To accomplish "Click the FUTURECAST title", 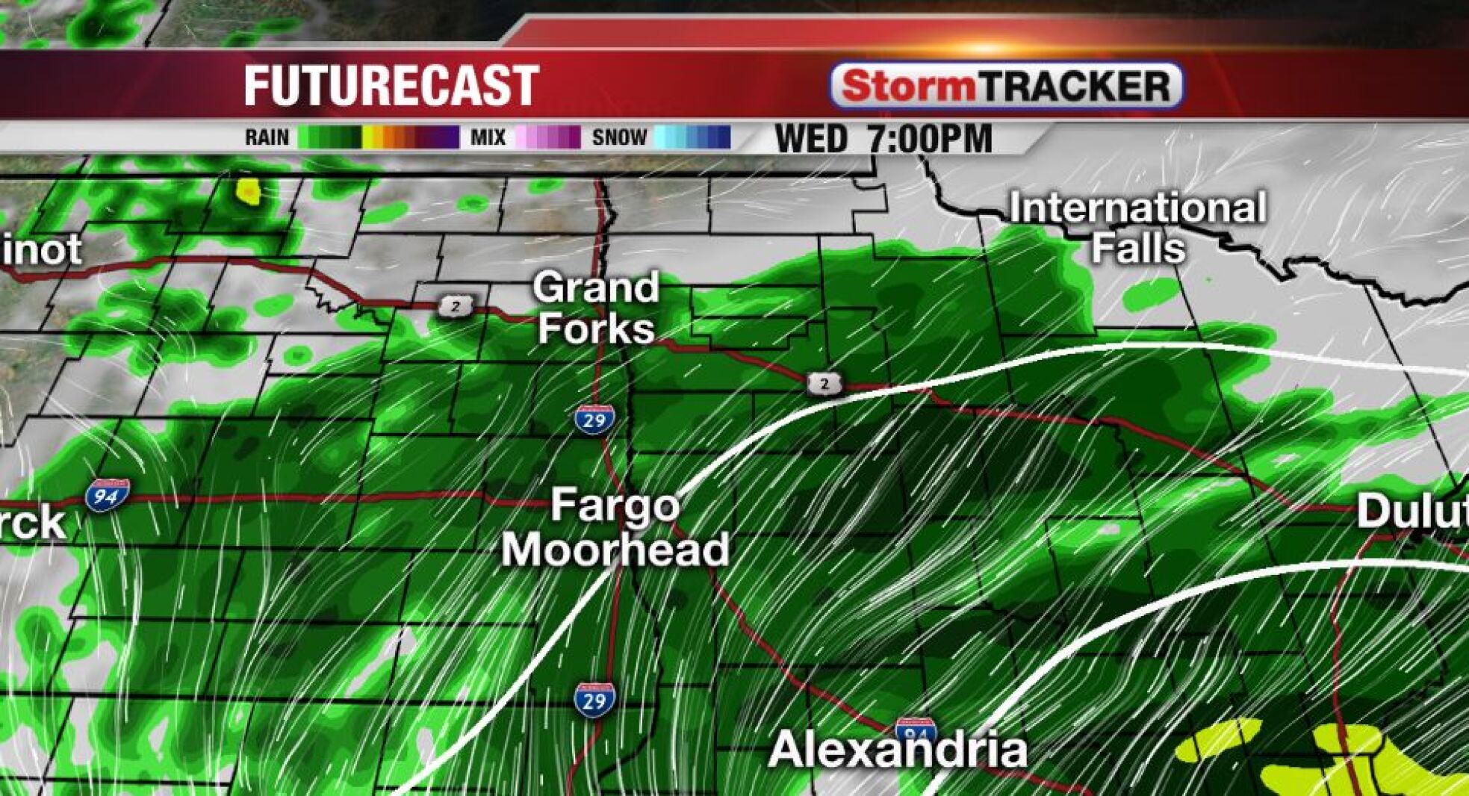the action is pyautogui.click(x=391, y=86).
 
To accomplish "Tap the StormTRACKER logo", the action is pyautogui.click(x=1005, y=86).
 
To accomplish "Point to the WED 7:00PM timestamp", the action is pyautogui.click(x=883, y=139).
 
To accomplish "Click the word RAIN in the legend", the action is pyautogui.click(x=267, y=137).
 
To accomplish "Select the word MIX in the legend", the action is pyautogui.click(x=488, y=137).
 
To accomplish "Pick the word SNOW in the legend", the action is pyautogui.click(x=619, y=137).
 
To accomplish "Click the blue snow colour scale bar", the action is pyautogui.click(x=692, y=137).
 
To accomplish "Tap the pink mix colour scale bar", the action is pyautogui.click(x=547, y=137).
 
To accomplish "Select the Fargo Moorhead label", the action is pyautogui.click(x=615, y=528).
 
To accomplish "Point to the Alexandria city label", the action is pyautogui.click(x=898, y=750).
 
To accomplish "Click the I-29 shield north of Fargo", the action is pyautogui.click(x=594, y=420).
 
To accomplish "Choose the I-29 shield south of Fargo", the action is pyautogui.click(x=594, y=700).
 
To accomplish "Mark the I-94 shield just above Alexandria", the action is pyautogui.click(x=916, y=730).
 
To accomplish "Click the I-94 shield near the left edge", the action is pyautogui.click(x=107, y=495).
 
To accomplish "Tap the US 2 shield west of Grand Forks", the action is pyautogui.click(x=456, y=305).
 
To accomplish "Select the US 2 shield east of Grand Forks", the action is pyautogui.click(x=824, y=384).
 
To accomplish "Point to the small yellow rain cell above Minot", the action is pyautogui.click(x=248, y=191).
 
